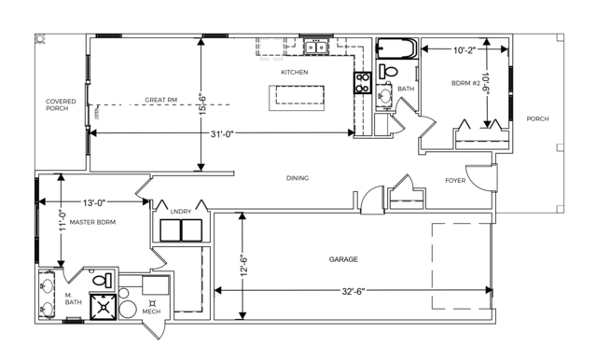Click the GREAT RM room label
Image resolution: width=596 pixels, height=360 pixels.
point(160,100)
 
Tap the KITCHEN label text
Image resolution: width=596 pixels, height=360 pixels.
point(294,72)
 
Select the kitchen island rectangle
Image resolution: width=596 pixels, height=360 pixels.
point(297,98)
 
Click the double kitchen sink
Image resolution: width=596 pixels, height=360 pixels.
point(316,48)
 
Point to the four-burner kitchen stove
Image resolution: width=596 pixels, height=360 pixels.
point(362,83)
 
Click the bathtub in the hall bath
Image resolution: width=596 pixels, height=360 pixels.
point(396,48)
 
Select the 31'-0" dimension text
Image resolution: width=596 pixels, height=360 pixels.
point(222,133)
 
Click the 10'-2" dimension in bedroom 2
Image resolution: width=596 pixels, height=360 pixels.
point(464,49)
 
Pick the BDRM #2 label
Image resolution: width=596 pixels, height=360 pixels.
point(465,83)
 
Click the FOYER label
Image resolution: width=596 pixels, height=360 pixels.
point(455,180)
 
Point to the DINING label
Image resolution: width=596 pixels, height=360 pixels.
point(298,178)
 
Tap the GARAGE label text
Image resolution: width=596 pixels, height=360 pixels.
point(343,259)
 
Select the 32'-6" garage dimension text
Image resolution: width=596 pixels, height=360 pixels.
point(353,291)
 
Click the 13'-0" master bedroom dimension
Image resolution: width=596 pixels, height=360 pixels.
point(94,202)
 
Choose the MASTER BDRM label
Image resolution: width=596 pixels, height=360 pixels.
point(92,222)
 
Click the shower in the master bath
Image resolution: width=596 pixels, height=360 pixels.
point(103,307)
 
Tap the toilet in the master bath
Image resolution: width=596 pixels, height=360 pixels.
point(103,281)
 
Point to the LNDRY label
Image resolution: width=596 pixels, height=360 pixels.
point(181,212)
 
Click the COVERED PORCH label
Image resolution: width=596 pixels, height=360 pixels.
point(61,104)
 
